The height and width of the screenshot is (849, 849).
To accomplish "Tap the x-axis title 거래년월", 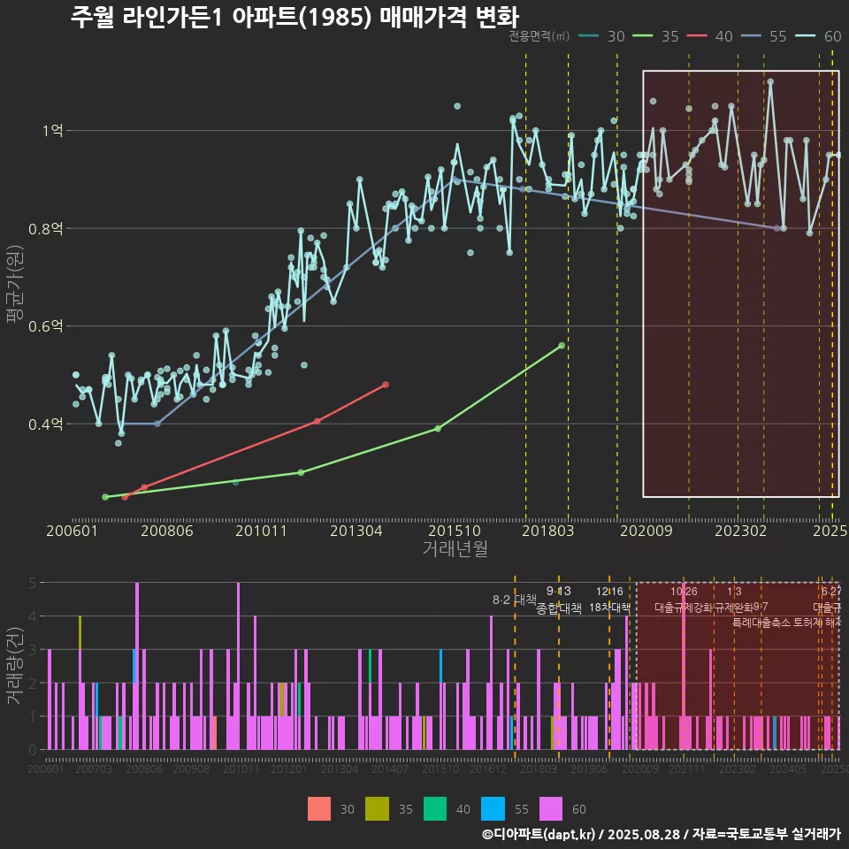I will coord(455,549).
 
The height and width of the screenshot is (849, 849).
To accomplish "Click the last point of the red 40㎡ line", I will coord(386,385).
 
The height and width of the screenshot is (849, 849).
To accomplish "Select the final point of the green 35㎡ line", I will coord(562,345).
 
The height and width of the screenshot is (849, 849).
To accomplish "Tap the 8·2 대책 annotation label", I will coord(514,600).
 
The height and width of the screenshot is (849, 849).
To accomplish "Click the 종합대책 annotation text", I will coord(559,608).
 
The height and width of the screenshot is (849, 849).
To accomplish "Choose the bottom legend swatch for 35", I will coord(378,808).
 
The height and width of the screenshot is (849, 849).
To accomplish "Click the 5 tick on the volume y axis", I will coord(33,583).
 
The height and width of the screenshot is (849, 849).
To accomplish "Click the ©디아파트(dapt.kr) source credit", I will coord(539,834).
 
